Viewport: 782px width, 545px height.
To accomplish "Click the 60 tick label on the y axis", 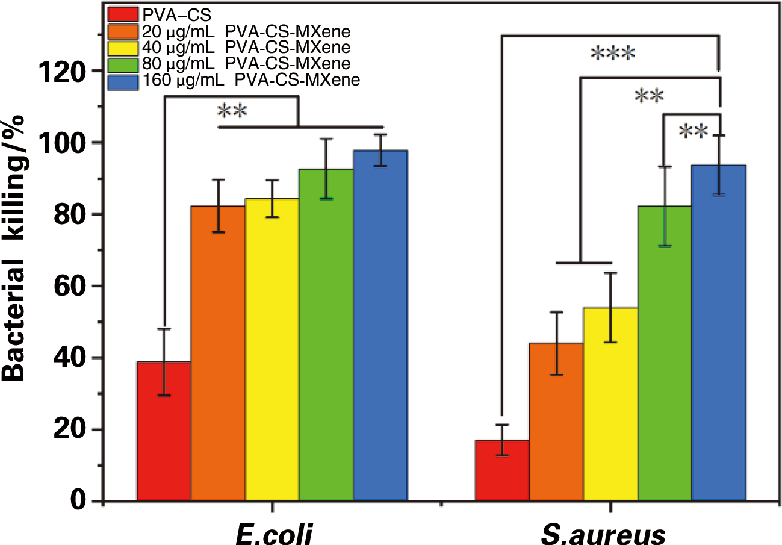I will [72, 286].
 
